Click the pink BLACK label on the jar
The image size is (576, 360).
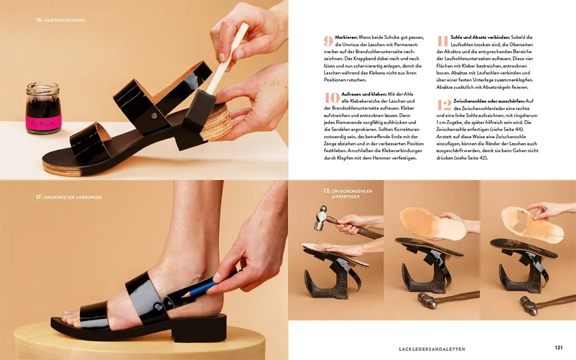point(43,123)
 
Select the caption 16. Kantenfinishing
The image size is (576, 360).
point(60,20)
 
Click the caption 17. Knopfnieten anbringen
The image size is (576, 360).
point(69,197)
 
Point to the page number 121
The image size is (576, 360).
point(558,348)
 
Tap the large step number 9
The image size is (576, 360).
point(328,41)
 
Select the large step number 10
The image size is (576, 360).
point(332,97)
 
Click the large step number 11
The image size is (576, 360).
point(443,41)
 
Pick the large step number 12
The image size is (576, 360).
point(444,105)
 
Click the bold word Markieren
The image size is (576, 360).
point(346,37)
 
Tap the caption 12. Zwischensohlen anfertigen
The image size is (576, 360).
point(348,193)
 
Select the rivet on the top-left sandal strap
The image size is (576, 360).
point(154,116)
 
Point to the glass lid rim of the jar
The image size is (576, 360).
point(42,87)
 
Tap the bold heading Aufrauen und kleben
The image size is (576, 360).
point(364,94)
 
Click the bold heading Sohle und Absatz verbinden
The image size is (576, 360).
point(480,37)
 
